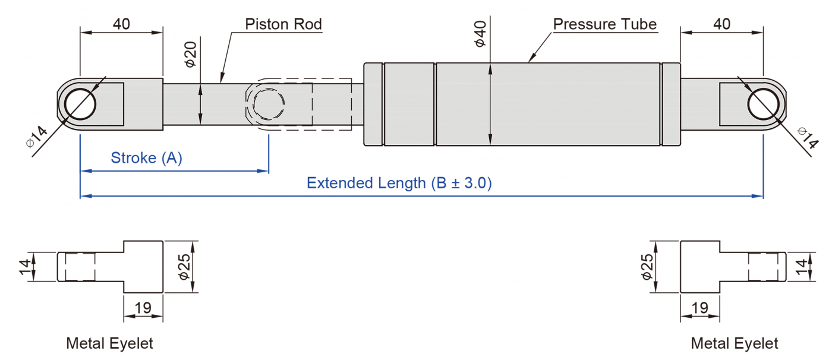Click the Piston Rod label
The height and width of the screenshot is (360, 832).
click(283, 24)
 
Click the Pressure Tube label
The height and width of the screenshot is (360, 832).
click(604, 24)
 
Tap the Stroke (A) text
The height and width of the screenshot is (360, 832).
click(146, 158)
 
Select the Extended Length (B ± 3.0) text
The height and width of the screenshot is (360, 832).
click(399, 183)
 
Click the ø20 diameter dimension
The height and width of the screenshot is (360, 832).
click(191, 54)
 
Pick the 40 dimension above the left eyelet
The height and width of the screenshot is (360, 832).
click(121, 24)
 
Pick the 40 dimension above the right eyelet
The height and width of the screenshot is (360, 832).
click(721, 24)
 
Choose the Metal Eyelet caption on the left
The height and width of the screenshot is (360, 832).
click(109, 343)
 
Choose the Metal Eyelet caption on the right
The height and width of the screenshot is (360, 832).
click(735, 343)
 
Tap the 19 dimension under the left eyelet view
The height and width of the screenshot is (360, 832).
click(143, 308)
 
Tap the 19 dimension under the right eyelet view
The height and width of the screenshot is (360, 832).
click(700, 308)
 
